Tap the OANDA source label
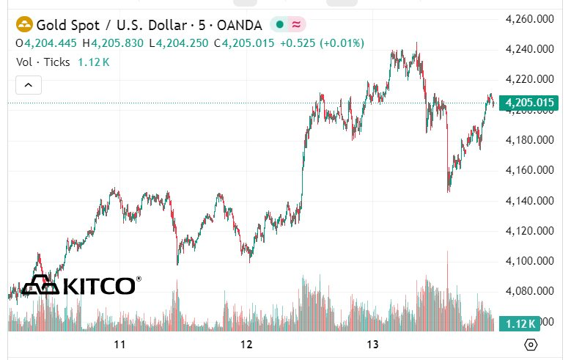pos(239,24)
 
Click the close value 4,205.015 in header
pos(246,43)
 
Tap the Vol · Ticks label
pos(43,62)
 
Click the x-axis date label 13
pos(372,345)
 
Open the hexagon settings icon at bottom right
pos(531,345)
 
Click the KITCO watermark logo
pos(81,285)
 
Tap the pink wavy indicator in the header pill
pos(297,24)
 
